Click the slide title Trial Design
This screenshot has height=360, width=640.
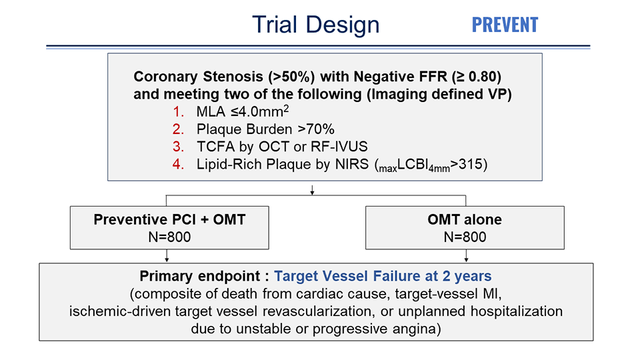[x=315, y=25]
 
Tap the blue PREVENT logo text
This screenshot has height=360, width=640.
[x=505, y=25]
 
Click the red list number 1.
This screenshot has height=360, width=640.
[x=179, y=111]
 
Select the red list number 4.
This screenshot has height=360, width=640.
[x=179, y=164]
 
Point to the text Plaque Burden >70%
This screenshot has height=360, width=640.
[x=265, y=129]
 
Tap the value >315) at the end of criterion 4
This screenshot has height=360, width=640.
[x=469, y=164]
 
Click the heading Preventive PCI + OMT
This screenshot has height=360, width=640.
[x=169, y=219]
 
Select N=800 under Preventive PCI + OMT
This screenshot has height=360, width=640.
[x=169, y=237]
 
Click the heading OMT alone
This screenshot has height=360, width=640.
[x=465, y=219]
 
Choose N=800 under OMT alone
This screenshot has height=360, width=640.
[x=465, y=237]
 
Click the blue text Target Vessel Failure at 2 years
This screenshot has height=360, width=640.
[x=383, y=276]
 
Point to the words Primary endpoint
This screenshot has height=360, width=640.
[x=199, y=276]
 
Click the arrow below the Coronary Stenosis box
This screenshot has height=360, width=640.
[x=312, y=190]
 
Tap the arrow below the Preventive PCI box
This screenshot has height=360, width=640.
[x=167, y=256]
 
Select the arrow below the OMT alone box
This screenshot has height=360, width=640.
[x=466, y=256]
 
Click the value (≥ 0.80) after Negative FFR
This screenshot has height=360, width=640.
[x=477, y=77]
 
